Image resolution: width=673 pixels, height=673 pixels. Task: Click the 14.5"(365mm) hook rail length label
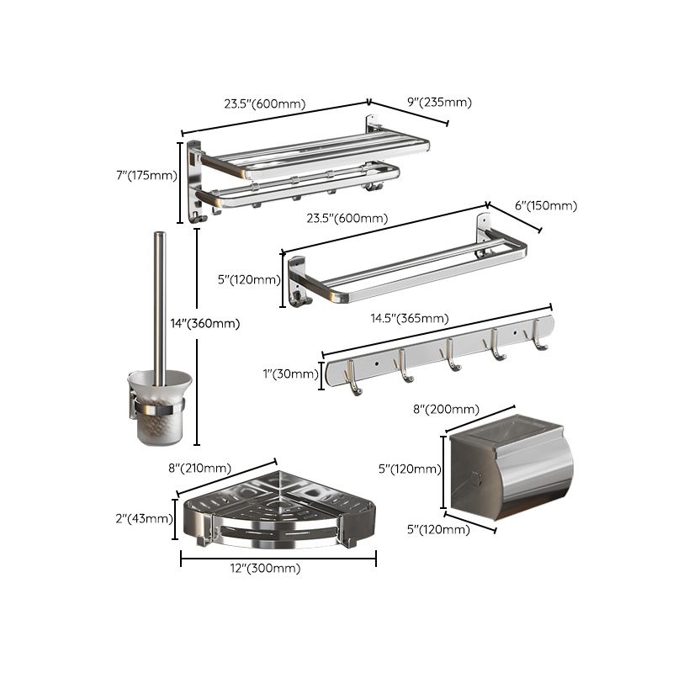coord(409,319)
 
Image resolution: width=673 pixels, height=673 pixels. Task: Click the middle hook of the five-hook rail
coord(452,354)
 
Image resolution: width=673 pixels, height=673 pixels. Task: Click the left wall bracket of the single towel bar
coord(298,282)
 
